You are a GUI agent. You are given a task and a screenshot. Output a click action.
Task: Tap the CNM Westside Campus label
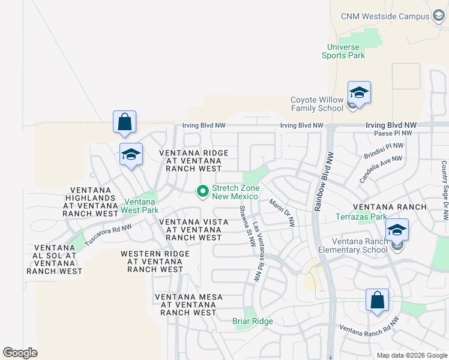[x=384, y=16]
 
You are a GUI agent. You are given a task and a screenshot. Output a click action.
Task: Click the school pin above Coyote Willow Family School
[x=359, y=93]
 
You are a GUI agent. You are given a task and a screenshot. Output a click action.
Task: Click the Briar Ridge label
[x=253, y=322]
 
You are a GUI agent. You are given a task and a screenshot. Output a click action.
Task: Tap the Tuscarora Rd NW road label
[x=107, y=235]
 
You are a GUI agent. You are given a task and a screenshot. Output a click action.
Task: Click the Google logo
[x=20, y=352]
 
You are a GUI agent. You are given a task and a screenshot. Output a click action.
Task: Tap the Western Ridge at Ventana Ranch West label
[x=155, y=262]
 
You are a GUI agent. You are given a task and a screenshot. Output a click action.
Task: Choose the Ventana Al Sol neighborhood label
[x=54, y=259]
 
